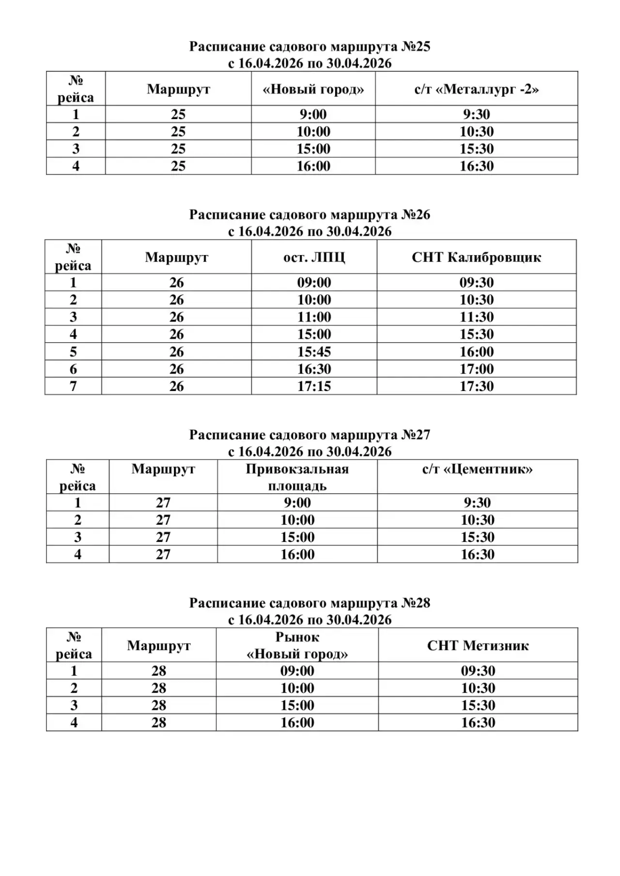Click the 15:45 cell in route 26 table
(x=314, y=352)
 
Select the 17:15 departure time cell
(x=314, y=386)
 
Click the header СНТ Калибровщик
(x=477, y=257)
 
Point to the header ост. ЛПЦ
(x=314, y=257)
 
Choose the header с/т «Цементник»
(x=478, y=469)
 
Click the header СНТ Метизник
(x=478, y=645)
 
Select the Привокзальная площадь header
(x=297, y=477)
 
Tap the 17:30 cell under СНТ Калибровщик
(x=477, y=386)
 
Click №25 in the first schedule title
(x=416, y=47)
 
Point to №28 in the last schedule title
(x=416, y=603)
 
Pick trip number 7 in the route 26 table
(x=73, y=386)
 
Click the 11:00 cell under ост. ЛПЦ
(x=314, y=317)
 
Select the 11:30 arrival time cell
(x=477, y=317)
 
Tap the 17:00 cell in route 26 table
(x=477, y=369)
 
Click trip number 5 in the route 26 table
(x=73, y=352)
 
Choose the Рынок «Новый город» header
(x=297, y=645)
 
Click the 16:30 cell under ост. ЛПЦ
(x=314, y=369)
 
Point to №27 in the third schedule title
(x=416, y=435)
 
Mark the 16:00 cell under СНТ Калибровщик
(x=477, y=352)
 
